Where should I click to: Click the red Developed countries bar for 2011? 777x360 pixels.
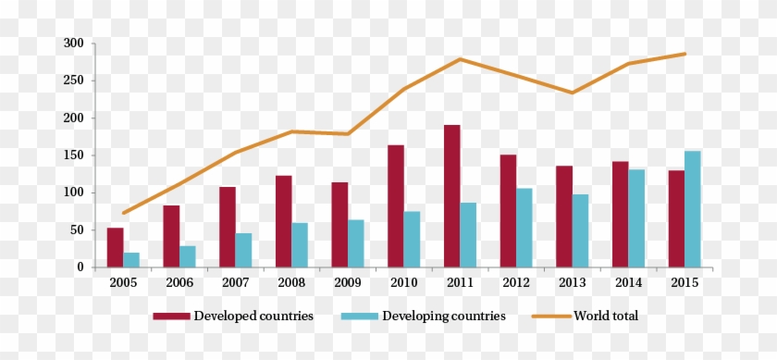click(x=451, y=196)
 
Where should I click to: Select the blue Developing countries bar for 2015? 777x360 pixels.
click(x=692, y=209)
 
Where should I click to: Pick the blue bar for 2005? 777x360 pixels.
click(x=131, y=260)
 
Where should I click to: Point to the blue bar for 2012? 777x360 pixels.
click(x=524, y=228)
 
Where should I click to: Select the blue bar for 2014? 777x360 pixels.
click(x=636, y=218)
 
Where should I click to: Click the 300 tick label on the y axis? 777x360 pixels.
click(x=74, y=43)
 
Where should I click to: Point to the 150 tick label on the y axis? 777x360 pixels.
click(x=74, y=155)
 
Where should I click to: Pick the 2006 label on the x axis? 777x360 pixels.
click(x=179, y=282)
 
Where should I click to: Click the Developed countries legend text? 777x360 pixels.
click(x=253, y=317)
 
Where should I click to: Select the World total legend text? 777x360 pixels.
click(x=606, y=317)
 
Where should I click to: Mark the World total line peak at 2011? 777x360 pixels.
click(x=460, y=59)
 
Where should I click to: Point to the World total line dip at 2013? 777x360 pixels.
click(x=572, y=93)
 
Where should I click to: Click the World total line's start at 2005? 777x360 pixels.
click(x=123, y=213)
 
